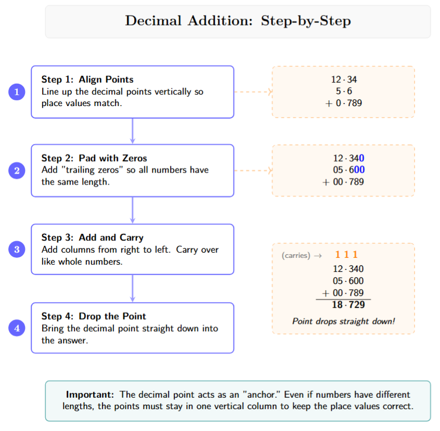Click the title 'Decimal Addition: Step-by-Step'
pos(238,21)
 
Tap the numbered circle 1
pos(17,92)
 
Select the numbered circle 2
pos(17,171)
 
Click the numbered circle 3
pos(17,250)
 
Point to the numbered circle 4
pos(17,328)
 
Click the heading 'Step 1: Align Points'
pos(87,80)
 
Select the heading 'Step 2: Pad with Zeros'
pos(94,158)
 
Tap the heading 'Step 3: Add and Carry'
pos(92,237)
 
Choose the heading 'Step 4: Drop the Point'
pos(94,316)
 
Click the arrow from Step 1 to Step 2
pos(133,131)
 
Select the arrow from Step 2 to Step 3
pos(133,210)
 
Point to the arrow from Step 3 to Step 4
pos(133,289)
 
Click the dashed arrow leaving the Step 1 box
pos(253,92)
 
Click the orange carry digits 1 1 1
pos(346,255)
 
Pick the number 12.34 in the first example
pos(344,80)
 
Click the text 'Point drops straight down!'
pos(343,321)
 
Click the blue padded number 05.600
pos(348,170)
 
